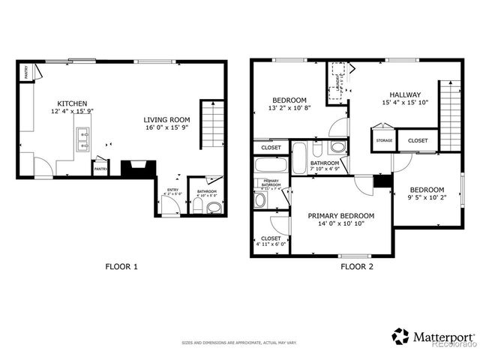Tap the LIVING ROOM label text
point(167,119)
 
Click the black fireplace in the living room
point(139,168)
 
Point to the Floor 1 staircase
point(212,124)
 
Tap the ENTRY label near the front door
point(172,190)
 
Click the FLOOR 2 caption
point(358,266)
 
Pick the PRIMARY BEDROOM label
point(341,215)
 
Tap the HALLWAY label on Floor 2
point(404,94)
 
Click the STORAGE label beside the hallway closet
point(384,140)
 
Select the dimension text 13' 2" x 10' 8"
point(289,109)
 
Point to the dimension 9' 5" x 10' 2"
point(426,199)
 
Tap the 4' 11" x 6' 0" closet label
point(271,242)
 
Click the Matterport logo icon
point(401,336)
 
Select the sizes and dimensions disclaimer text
point(239,343)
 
